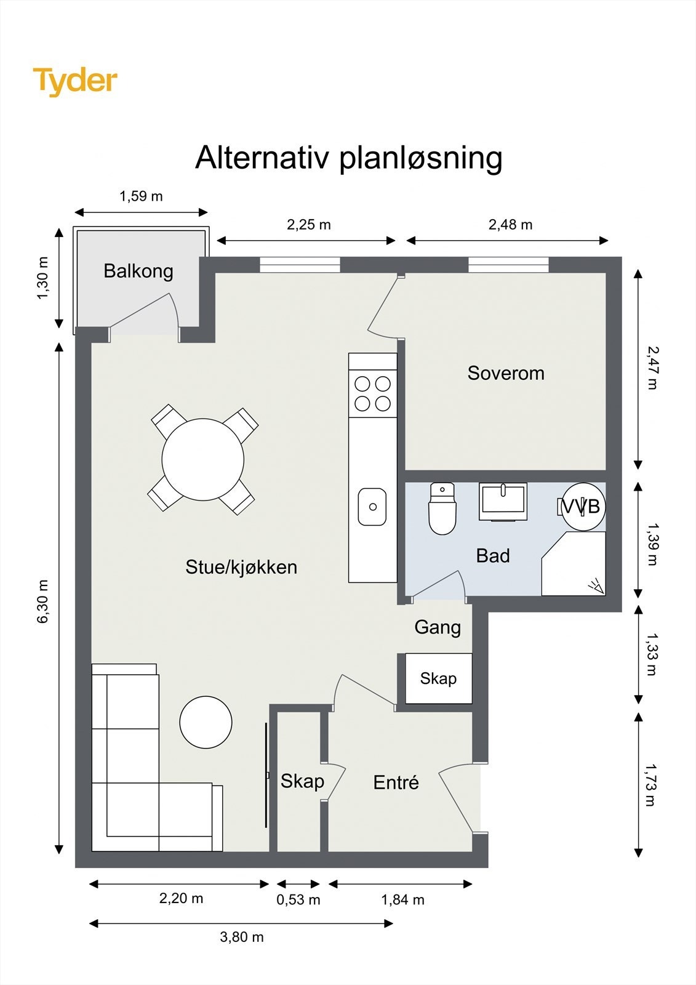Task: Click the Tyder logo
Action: pos(75,81)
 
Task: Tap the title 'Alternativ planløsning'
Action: pos(348,158)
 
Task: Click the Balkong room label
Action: pos(138,271)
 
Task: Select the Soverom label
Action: pos(505,373)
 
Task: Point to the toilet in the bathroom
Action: pos(442,510)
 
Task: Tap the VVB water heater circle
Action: pos(583,506)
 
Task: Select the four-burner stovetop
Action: pos(373,394)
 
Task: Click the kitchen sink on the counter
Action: pos(372,507)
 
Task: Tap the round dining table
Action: pos(202,459)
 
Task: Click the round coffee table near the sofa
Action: pos(206,722)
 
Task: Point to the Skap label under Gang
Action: pos(438,679)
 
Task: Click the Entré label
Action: pos(396,782)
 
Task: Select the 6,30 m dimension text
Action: pos(42,601)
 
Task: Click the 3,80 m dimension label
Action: pos(241,937)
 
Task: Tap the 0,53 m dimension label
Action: pos(298,900)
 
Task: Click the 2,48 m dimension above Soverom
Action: pos(510,225)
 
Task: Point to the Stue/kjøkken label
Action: pos(241,567)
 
